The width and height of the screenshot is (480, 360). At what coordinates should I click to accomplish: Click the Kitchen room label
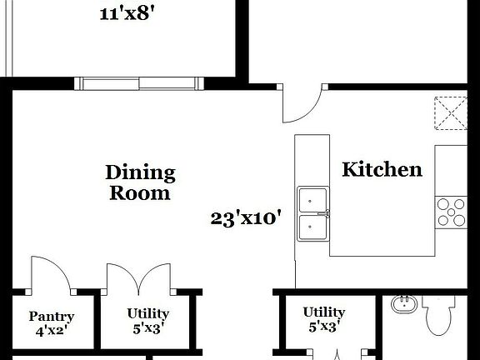(382, 170)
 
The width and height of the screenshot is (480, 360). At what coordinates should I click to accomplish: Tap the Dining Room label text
(140, 182)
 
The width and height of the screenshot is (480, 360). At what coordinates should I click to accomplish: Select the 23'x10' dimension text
(245, 219)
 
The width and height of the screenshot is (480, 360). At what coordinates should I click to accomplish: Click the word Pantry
(52, 317)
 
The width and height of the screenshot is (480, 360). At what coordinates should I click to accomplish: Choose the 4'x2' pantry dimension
(52, 330)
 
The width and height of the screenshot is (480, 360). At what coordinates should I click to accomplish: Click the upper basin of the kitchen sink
(313, 200)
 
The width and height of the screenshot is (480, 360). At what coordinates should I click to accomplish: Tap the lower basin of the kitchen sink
(313, 225)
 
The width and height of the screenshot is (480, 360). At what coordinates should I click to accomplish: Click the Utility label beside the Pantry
(147, 313)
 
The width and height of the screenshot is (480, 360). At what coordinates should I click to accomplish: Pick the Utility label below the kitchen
(324, 312)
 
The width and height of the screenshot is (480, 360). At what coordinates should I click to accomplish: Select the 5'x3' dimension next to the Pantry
(147, 327)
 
